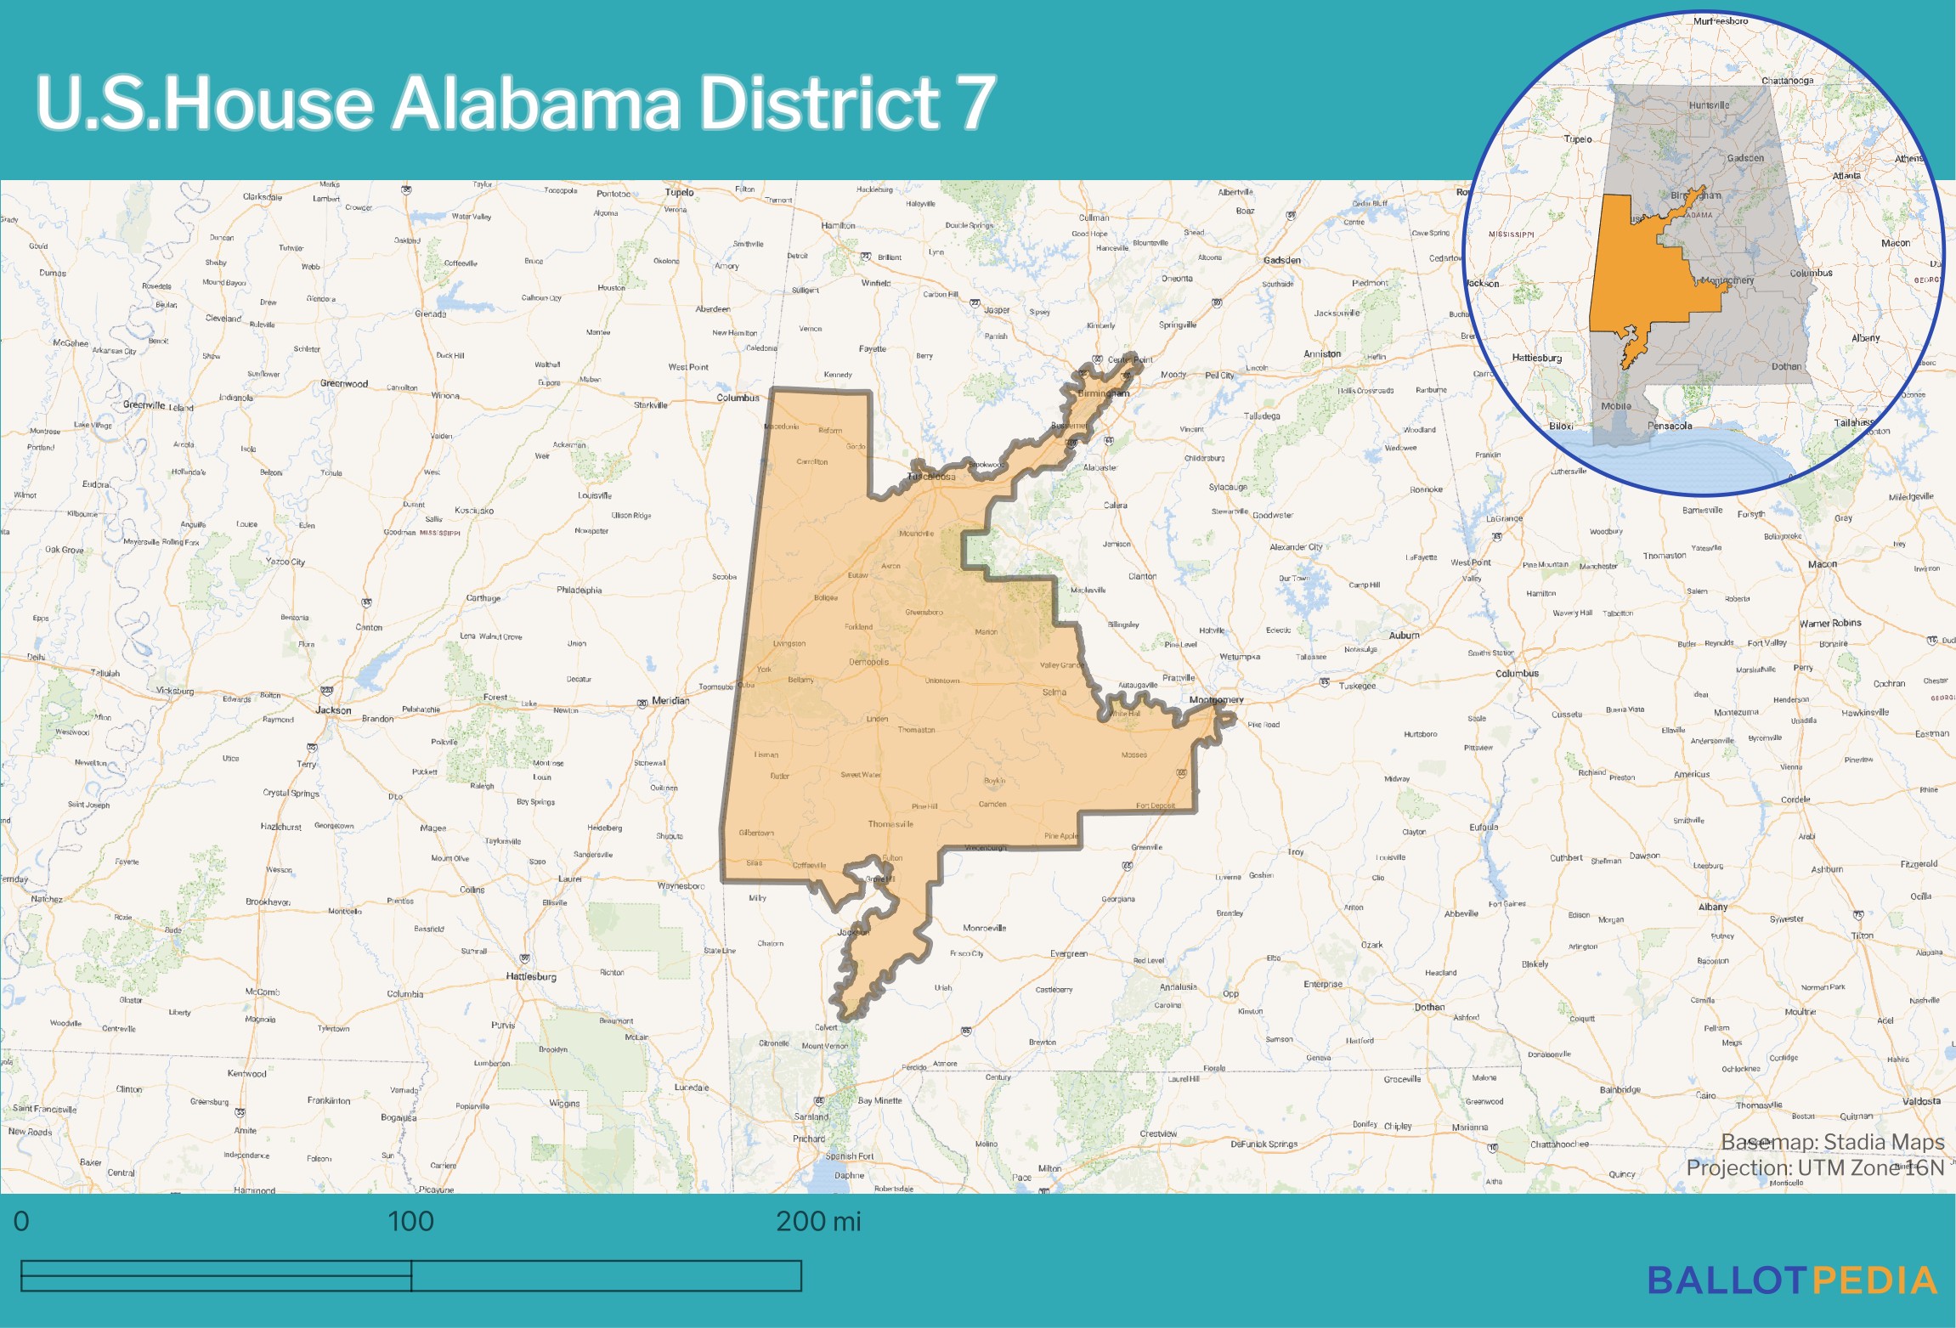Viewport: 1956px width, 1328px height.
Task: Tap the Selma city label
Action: pyautogui.click(x=1054, y=692)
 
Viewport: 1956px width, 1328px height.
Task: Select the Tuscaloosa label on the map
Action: pyautogui.click(x=932, y=477)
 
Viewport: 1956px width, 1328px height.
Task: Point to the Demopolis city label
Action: pyautogui.click(x=868, y=662)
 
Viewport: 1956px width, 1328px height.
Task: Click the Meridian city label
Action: pyautogui.click(x=670, y=701)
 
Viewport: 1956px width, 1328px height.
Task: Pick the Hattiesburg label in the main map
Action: pyautogui.click(x=531, y=976)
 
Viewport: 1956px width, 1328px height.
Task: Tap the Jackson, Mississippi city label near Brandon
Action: pyautogui.click(x=333, y=710)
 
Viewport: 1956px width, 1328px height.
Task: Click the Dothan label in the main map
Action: pyautogui.click(x=1429, y=1007)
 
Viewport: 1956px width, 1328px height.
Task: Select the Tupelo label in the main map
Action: pyautogui.click(x=679, y=192)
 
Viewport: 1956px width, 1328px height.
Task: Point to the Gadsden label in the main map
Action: pyautogui.click(x=1281, y=260)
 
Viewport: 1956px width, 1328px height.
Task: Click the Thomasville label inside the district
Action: pyautogui.click(x=890, y=824)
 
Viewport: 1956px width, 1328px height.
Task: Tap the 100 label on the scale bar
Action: pyautogui.click(x=410, y=1222)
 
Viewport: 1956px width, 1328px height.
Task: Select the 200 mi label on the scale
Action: pyautogui.click(x=817, y=1222)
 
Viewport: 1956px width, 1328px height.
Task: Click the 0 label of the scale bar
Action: pyautogui.click(x=21, y=1222)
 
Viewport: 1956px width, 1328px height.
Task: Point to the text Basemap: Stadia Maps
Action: pyautogui.click(x=1832, y=1142)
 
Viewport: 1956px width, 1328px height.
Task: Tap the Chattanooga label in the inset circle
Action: pyautogui.click(x=1787, y=81)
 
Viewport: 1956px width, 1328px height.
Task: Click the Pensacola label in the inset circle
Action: pyautogui.click(x=1669, y=426)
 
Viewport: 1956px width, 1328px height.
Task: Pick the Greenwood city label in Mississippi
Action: pyautogui.click(x=344, y=383)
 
